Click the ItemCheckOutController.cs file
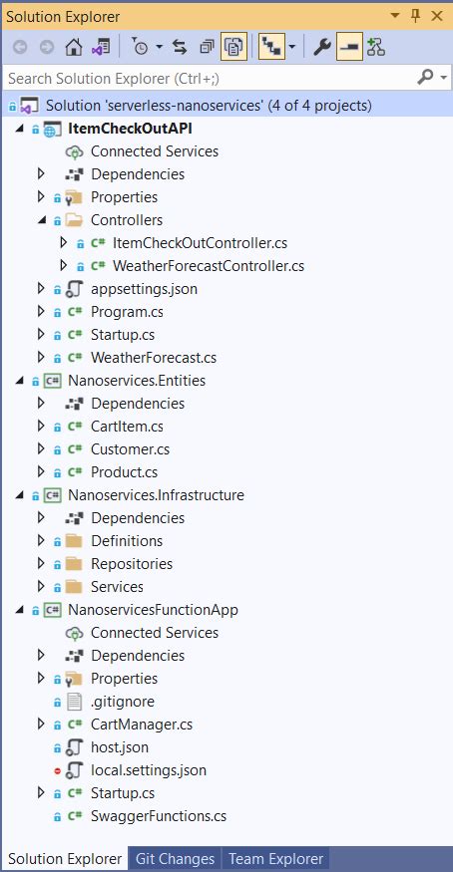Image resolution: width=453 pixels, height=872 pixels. click(x=200, y=243)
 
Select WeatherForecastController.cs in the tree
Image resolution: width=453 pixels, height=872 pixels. click(x=208, y=266)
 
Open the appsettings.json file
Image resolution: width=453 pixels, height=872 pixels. click(x=144, y=289)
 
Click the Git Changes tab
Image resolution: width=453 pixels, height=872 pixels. click(x=175, y=859)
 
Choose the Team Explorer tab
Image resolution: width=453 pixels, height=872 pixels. click(x=275, y=859)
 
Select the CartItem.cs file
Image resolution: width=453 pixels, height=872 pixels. click(x=127, y=427)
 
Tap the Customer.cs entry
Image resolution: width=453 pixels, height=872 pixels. click(x=130, y=449)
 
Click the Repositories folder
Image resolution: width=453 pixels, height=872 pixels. click(x=131, y=564)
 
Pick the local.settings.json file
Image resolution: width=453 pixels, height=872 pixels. click(x=148, y=770)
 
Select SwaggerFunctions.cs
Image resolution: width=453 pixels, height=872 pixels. click(x=158, y=816)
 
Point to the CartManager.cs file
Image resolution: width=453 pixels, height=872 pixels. click(x=141, y=725)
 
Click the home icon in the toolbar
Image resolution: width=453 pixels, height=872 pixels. click(x=73, y=47)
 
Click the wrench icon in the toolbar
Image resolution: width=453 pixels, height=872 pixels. click(x=322, y=47)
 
